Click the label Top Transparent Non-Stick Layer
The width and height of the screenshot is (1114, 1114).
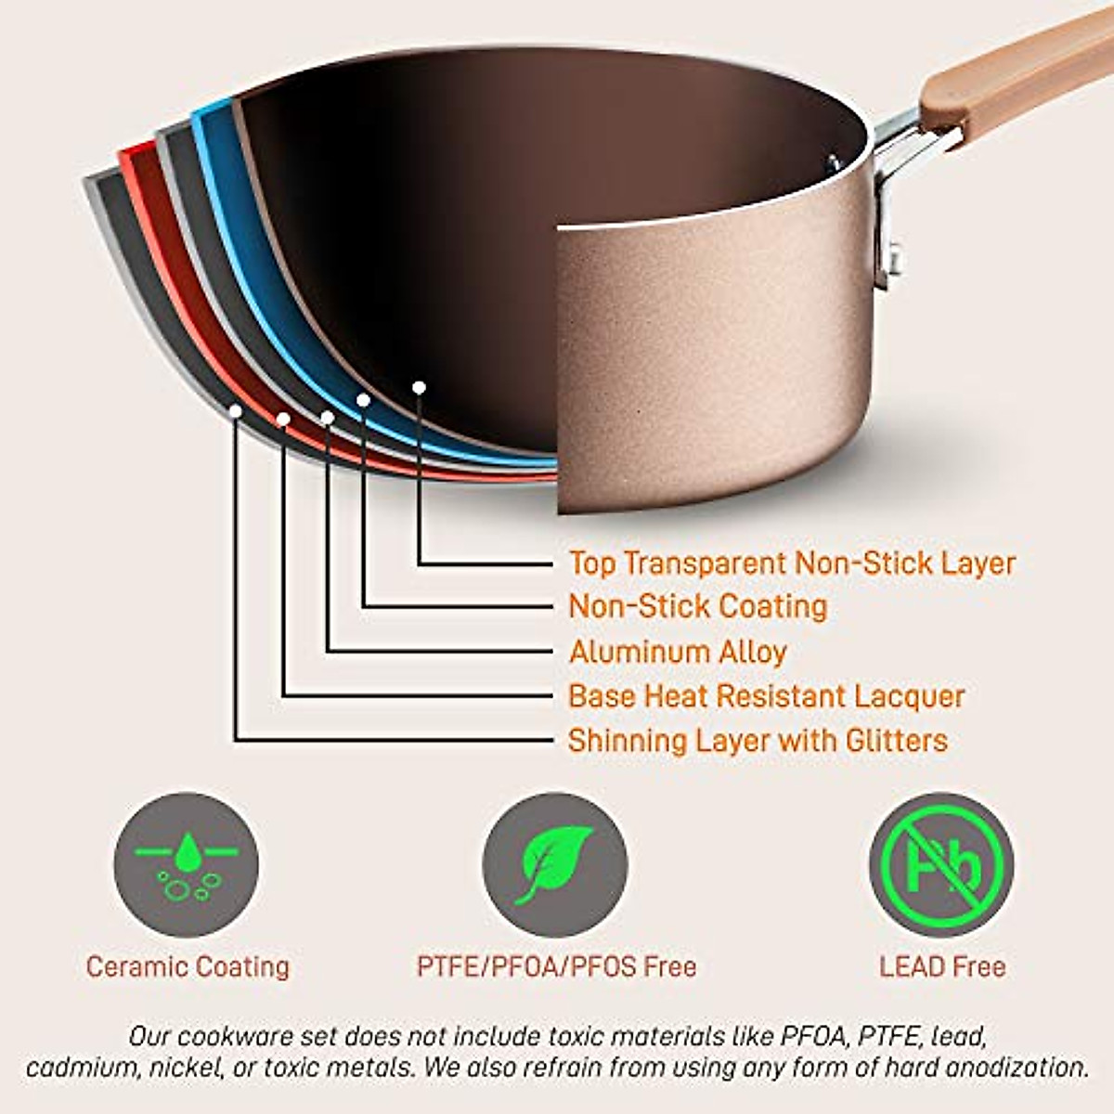click(792, 563)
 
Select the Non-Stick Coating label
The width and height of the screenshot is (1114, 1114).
click(697, 607)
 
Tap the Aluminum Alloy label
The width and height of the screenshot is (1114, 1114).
click(678, 652)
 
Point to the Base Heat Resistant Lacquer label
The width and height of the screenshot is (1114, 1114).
click(766, 696)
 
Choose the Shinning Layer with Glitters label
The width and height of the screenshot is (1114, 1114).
click(758, 741)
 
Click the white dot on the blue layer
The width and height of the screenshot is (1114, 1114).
click(364, 400)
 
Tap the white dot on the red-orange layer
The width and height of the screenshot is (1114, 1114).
click(283, 420)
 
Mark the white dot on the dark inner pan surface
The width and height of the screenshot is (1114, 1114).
click(419, 387)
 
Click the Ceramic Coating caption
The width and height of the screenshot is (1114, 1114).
click(188, 967)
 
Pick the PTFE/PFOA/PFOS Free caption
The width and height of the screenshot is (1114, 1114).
click(556, 967)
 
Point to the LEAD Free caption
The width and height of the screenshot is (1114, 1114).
click(942, 967)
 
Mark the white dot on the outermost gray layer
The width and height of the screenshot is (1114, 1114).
click(236, 410)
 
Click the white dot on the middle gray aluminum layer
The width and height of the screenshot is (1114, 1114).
click(327, 418)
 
